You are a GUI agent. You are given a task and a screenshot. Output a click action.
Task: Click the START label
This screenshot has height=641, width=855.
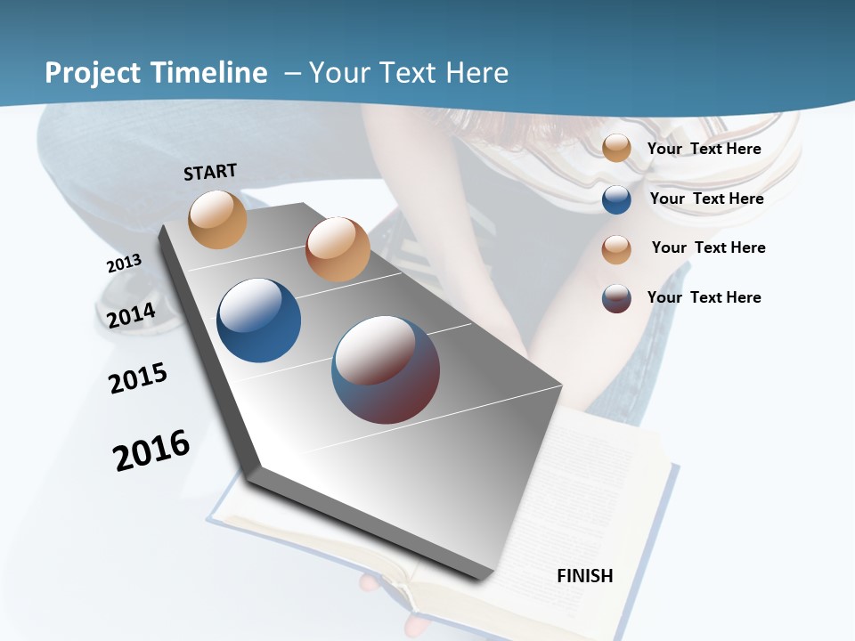[210, 172]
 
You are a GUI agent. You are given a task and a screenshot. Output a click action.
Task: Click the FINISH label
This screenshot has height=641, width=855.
[584, 576]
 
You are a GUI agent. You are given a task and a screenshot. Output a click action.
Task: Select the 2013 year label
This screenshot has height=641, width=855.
[124, 264]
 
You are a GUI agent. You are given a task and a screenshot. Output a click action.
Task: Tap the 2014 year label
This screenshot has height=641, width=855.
[132, 315]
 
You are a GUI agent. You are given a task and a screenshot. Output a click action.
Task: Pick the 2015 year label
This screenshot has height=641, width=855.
[138, 378]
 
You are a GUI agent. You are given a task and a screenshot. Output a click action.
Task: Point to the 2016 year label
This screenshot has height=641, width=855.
[151, 450]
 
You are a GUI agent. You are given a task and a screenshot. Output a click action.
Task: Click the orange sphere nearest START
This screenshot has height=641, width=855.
[217, 219]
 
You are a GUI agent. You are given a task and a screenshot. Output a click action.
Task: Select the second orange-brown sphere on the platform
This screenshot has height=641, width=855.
[338, 249]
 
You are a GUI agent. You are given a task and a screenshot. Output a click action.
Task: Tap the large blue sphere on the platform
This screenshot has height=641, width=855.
[259, 320]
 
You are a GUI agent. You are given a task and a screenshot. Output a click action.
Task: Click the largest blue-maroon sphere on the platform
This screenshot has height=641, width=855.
[386, 369]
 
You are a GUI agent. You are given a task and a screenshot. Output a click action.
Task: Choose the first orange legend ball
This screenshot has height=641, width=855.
[616, 148]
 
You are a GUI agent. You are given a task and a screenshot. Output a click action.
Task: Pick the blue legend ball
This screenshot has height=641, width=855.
[616, 199]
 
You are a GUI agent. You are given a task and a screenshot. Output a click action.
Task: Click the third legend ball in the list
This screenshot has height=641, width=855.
[616, 249]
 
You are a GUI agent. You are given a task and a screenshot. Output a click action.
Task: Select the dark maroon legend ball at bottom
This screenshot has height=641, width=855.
[616, 298]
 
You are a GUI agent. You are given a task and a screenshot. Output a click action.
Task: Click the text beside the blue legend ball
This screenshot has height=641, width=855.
[706, 199]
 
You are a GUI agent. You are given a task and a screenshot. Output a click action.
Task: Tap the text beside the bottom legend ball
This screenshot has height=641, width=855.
[704, 297]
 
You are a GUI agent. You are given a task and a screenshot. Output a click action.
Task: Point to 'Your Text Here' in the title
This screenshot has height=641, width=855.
[409, 73]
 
